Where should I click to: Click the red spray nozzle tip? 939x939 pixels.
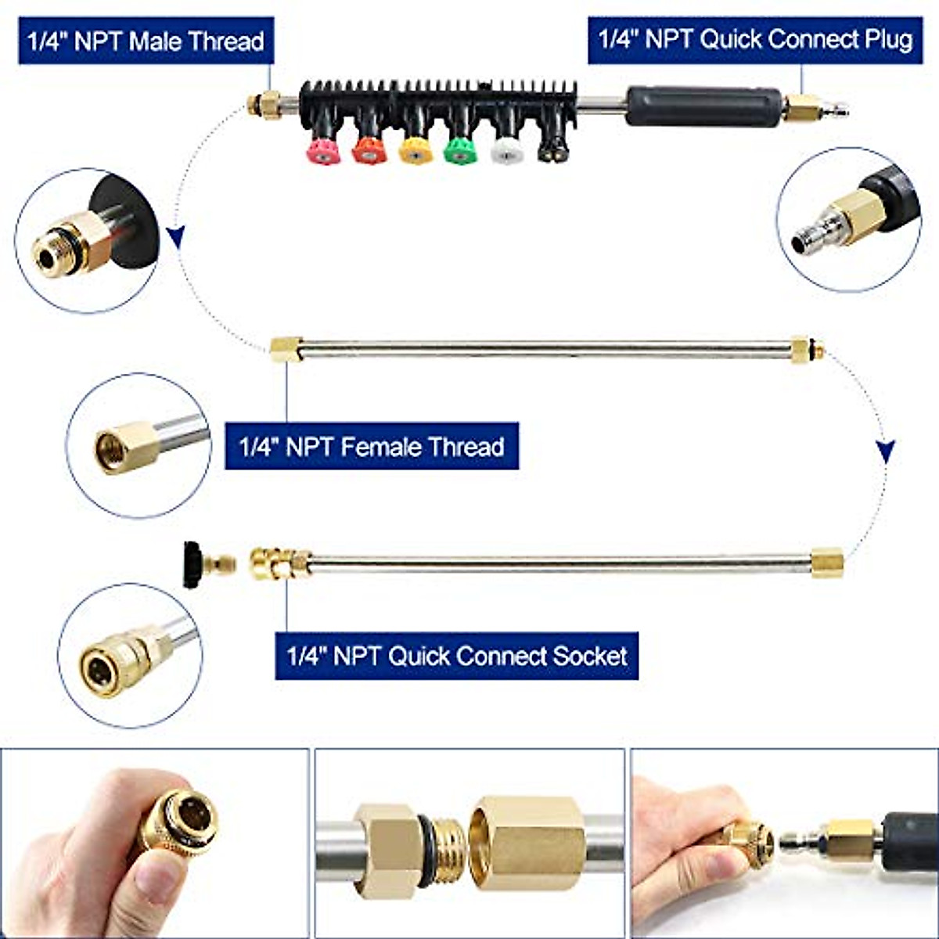323,149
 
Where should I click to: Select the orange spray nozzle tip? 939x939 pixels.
369,149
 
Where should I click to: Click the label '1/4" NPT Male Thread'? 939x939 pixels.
146,41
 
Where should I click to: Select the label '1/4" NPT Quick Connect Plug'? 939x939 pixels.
755,39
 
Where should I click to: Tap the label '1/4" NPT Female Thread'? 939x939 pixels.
371,447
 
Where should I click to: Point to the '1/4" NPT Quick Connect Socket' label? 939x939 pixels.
456,655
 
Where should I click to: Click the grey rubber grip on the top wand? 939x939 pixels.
703,106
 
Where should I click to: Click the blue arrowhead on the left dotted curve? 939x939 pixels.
176,236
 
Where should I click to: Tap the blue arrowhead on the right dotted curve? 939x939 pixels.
885,452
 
